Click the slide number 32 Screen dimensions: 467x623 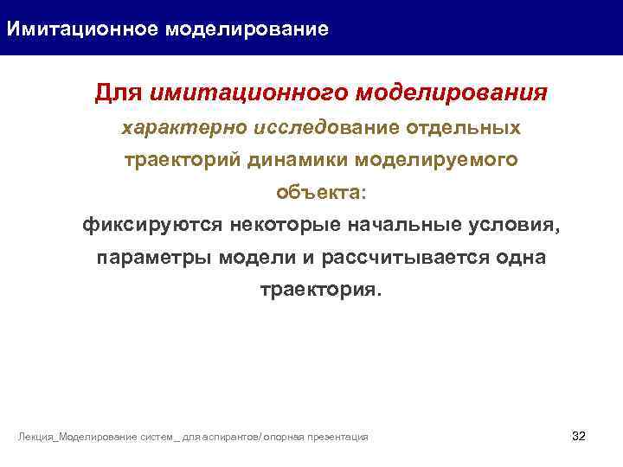click(579, 435)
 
